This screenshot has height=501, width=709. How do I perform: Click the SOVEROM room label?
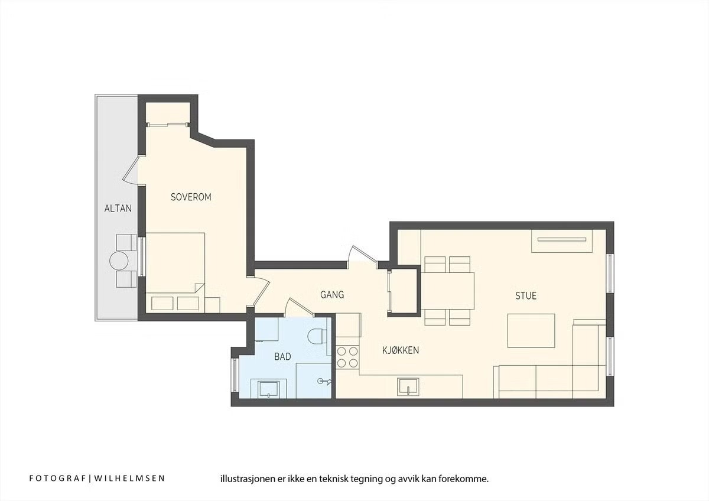[x=191, y=197]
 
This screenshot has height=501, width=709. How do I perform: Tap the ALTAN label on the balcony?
[x=118, y=208]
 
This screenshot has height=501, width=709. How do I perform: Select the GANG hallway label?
[x=332, y=295]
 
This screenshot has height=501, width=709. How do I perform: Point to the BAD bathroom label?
[x=282, y=357]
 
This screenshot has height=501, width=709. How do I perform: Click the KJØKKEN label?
[x=401, y=350]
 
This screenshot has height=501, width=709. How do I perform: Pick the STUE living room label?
[x=526, y=295]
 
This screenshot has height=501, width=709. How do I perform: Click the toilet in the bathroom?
[x=317, y=336]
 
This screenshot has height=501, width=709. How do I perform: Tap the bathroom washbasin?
[x=269, y=389]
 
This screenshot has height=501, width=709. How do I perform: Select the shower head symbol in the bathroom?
[x=324, y=382]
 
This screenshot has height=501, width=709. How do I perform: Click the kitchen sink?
[x=408, y=387]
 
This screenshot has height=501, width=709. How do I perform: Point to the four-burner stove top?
[x=347, y=357]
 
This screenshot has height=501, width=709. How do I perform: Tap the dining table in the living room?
[x=447, y=291]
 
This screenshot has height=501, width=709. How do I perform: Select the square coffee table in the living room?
[x=531, y=331]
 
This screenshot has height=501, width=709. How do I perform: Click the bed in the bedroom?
[x=175, y=263]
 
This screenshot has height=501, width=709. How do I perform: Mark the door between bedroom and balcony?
[x=131, y=170]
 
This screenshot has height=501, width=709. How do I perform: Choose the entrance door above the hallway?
[x=363, y=256]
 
